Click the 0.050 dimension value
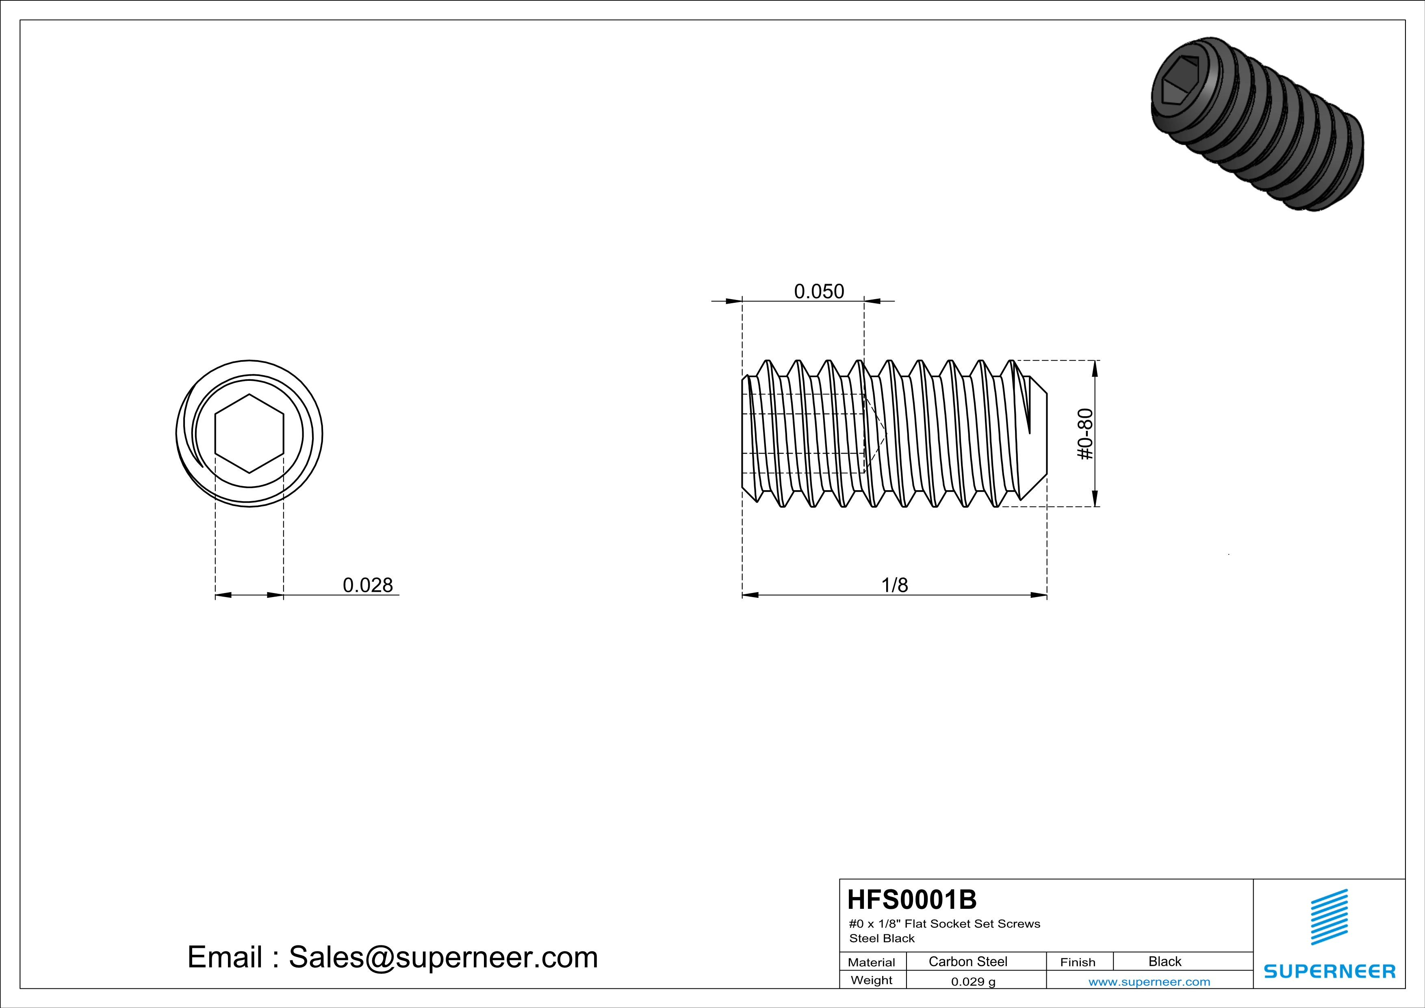(x=819, y=291)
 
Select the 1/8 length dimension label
(x=894, y=585)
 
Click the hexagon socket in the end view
(x=249, y=433)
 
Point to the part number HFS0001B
(x=911, y=899)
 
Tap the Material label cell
(x=872, y=962)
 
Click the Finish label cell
(x=1078, y=962)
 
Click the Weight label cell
(x=872, y=980)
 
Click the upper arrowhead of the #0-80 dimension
(x=1095, y=368)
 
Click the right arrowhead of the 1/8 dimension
(x=1039, y=595)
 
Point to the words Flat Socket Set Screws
(x=972, y=923)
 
